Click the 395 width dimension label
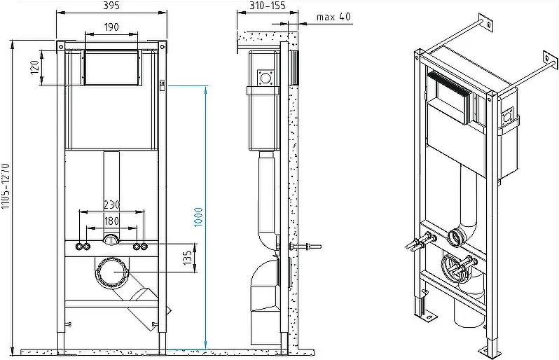pos(111,6)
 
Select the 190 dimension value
pos(111,27)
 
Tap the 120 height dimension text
pos(34,67)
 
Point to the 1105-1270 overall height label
pos(5,186)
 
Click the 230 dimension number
pos(111,205)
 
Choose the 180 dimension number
pos(111,221)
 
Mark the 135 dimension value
pos(188,257)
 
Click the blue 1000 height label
pos(198,217)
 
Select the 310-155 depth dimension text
pos(268,6)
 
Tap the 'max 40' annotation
pos(333,17)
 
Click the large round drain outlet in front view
pos(112,272)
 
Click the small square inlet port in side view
pos(265,78)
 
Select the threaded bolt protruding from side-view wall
pos(305,247)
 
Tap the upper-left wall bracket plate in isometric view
pos(485,23)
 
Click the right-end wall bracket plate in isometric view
pos(550,61)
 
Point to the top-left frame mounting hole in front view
pos(61,47)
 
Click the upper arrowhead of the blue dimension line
pos(206,90)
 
